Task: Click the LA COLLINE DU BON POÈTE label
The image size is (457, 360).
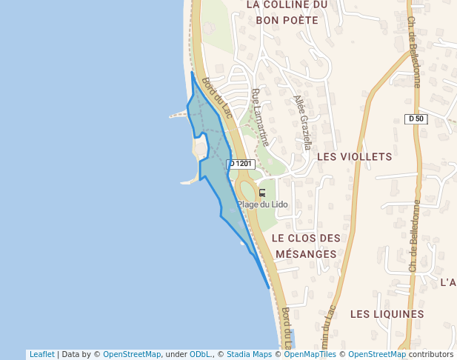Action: click(x=286, y=12)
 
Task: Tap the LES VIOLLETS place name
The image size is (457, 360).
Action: click(x=353, y=157)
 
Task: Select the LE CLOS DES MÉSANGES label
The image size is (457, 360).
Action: click(x=306, y=246)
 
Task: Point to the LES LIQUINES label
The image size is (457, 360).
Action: click(x=387, y=314)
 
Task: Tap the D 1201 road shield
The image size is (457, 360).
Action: click(x=241, y=164)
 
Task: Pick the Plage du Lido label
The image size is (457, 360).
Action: click(x=262, y=204)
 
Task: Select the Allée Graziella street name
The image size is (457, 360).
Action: click(x=302, y=122)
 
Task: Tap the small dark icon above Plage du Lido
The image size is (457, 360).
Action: click(x=261, y=192)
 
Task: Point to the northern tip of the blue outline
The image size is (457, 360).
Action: click(x=192, y=73)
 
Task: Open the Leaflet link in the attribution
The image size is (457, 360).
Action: click(x=41, y=355)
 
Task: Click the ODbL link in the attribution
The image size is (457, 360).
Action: click(x=201, y=355)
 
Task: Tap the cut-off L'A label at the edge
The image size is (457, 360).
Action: click(x=448, y=282)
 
